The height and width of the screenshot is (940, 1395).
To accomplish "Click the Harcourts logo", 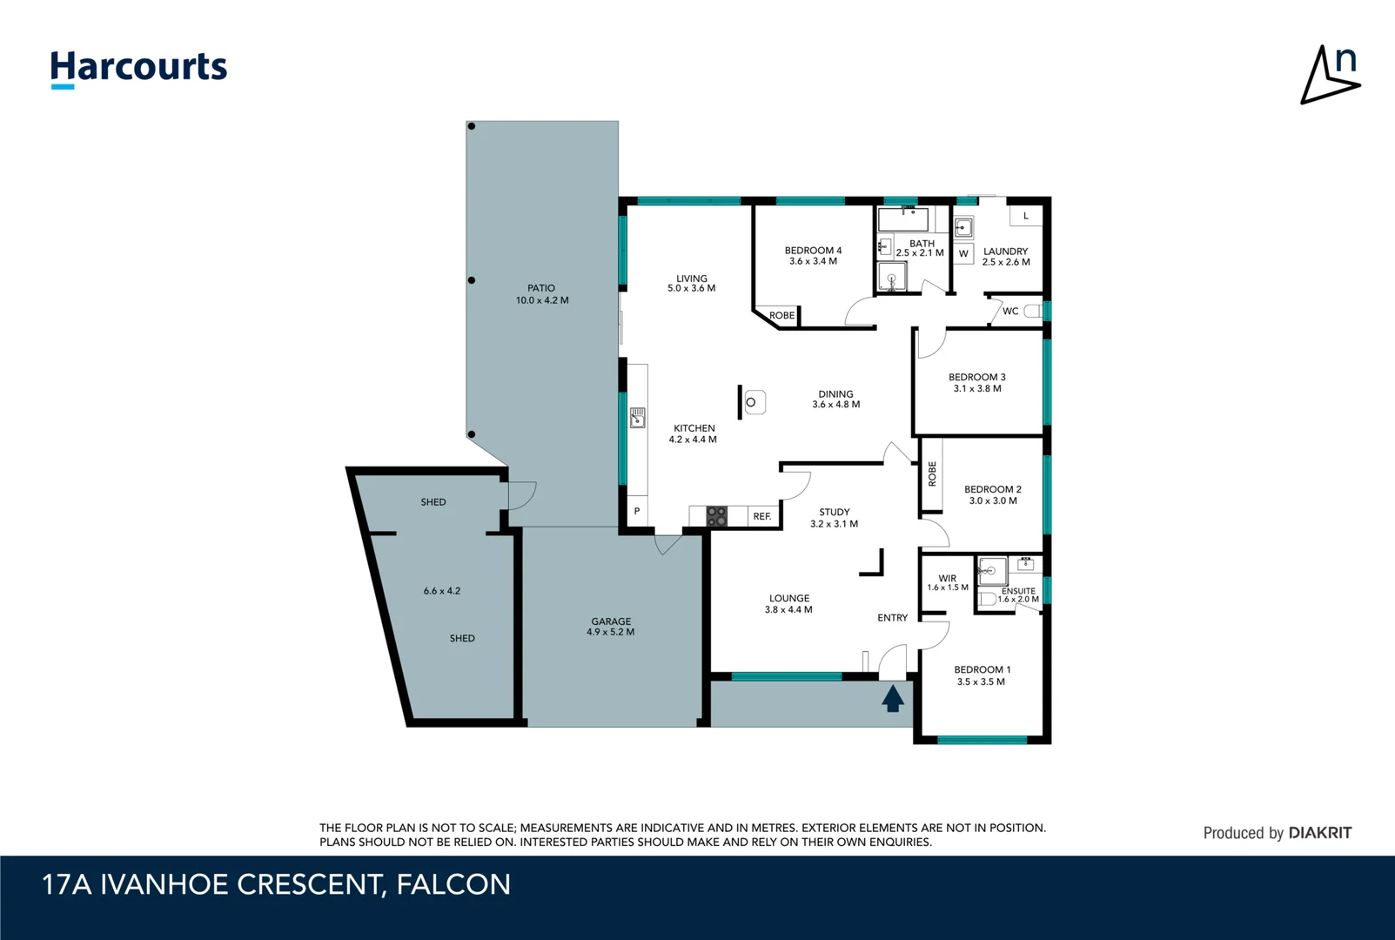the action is (138, 69).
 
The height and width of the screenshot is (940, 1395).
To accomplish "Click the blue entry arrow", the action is (892, 698).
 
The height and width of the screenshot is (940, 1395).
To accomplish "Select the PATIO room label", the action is (541, 288).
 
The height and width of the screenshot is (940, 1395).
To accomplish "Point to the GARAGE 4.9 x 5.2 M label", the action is (610, 627).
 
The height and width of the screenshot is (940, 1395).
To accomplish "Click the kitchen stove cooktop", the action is (717, 516).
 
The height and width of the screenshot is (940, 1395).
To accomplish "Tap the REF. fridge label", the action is (762, 516).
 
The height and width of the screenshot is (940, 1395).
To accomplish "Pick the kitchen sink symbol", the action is (637, 418).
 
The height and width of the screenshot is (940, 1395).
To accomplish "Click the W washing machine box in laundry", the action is (963, 253).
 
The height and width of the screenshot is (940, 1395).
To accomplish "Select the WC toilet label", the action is (1010, 311).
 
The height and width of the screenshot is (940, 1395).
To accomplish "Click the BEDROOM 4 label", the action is (813, 251).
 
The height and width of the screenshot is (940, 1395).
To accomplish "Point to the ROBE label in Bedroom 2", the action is (932, 473).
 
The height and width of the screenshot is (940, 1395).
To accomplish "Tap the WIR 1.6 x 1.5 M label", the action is (947, 582).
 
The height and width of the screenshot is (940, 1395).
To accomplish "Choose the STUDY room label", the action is (835, 512).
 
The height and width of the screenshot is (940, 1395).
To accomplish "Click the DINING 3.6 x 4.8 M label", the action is (835, 399).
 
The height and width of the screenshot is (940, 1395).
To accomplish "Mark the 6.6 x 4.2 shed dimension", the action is (441, 590).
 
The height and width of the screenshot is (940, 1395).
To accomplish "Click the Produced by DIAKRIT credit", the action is (1278, 833).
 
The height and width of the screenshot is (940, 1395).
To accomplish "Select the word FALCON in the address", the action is (453, 884).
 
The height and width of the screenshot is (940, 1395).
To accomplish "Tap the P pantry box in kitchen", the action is (637, 512).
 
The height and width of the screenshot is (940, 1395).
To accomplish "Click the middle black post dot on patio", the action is (472, 280).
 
